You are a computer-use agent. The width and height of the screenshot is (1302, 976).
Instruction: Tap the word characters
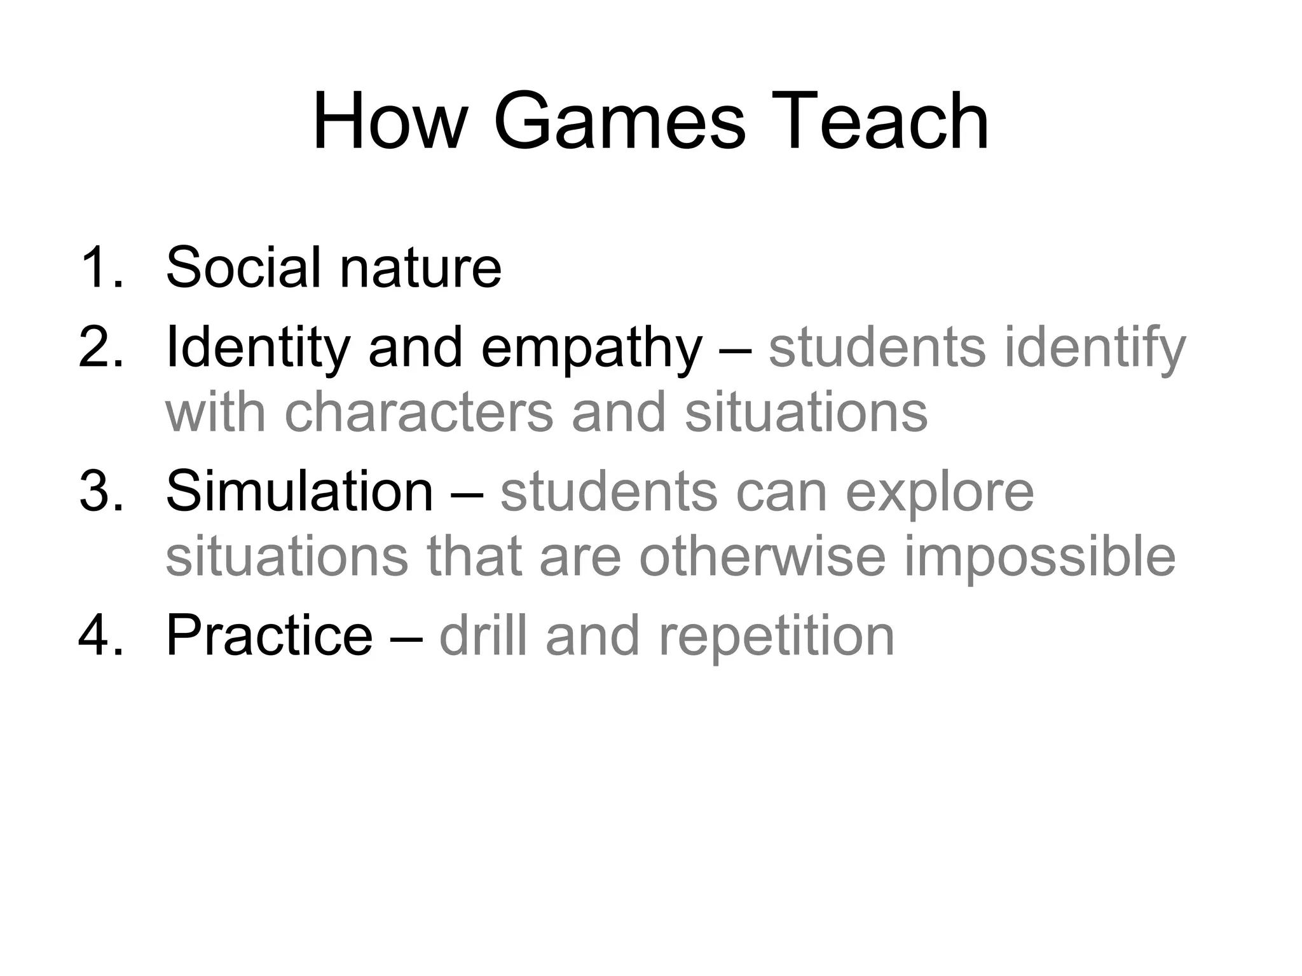pos(418,412)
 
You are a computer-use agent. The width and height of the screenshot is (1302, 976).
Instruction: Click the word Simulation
pos(299,491)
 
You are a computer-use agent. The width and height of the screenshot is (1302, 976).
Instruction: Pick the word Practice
pos(269,635)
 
